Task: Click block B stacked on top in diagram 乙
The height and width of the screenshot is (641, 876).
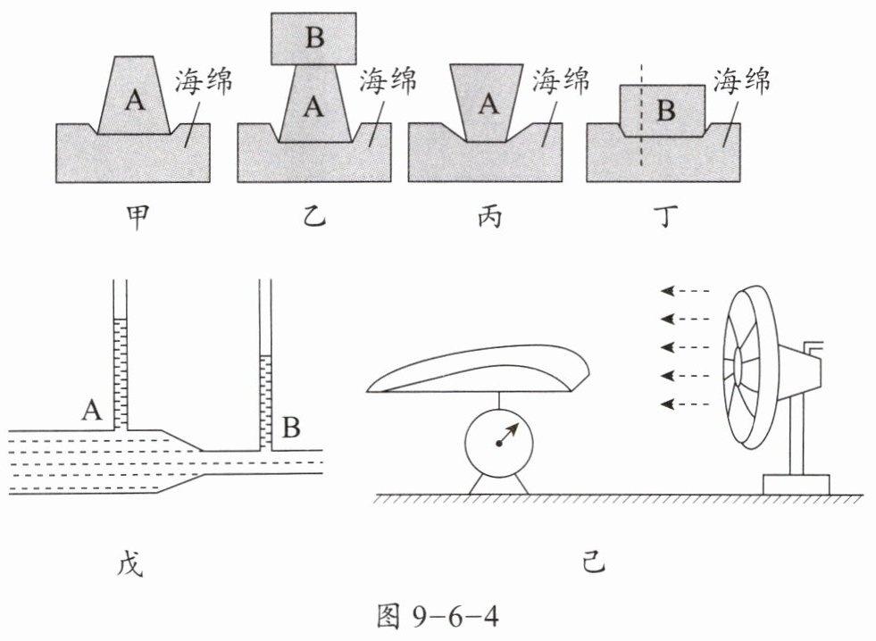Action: click(314, 38)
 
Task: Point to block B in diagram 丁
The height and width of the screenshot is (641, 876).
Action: click(663, 111)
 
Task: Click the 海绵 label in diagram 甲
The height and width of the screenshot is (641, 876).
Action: click(203, 81)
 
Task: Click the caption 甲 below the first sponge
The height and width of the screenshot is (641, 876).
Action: click(138, 217)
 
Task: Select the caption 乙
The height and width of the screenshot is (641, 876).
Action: click(313, 217)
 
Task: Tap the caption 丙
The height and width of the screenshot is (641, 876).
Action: click(490, 217)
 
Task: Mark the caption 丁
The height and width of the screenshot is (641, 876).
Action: click(665, 217)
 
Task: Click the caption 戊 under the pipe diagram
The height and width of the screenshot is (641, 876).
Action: click(130, 563)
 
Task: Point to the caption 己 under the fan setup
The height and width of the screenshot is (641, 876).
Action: click(593, 562)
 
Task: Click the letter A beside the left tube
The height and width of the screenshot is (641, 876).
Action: click(92, 411)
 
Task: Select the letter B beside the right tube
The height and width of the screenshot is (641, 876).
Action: click(291, 427)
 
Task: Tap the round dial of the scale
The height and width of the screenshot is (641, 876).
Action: click(499, 444)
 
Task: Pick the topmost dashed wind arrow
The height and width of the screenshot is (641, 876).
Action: click(685, 291)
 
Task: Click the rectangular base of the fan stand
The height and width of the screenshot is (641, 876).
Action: click(797, 485)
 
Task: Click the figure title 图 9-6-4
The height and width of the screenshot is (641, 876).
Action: click(438, 617)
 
